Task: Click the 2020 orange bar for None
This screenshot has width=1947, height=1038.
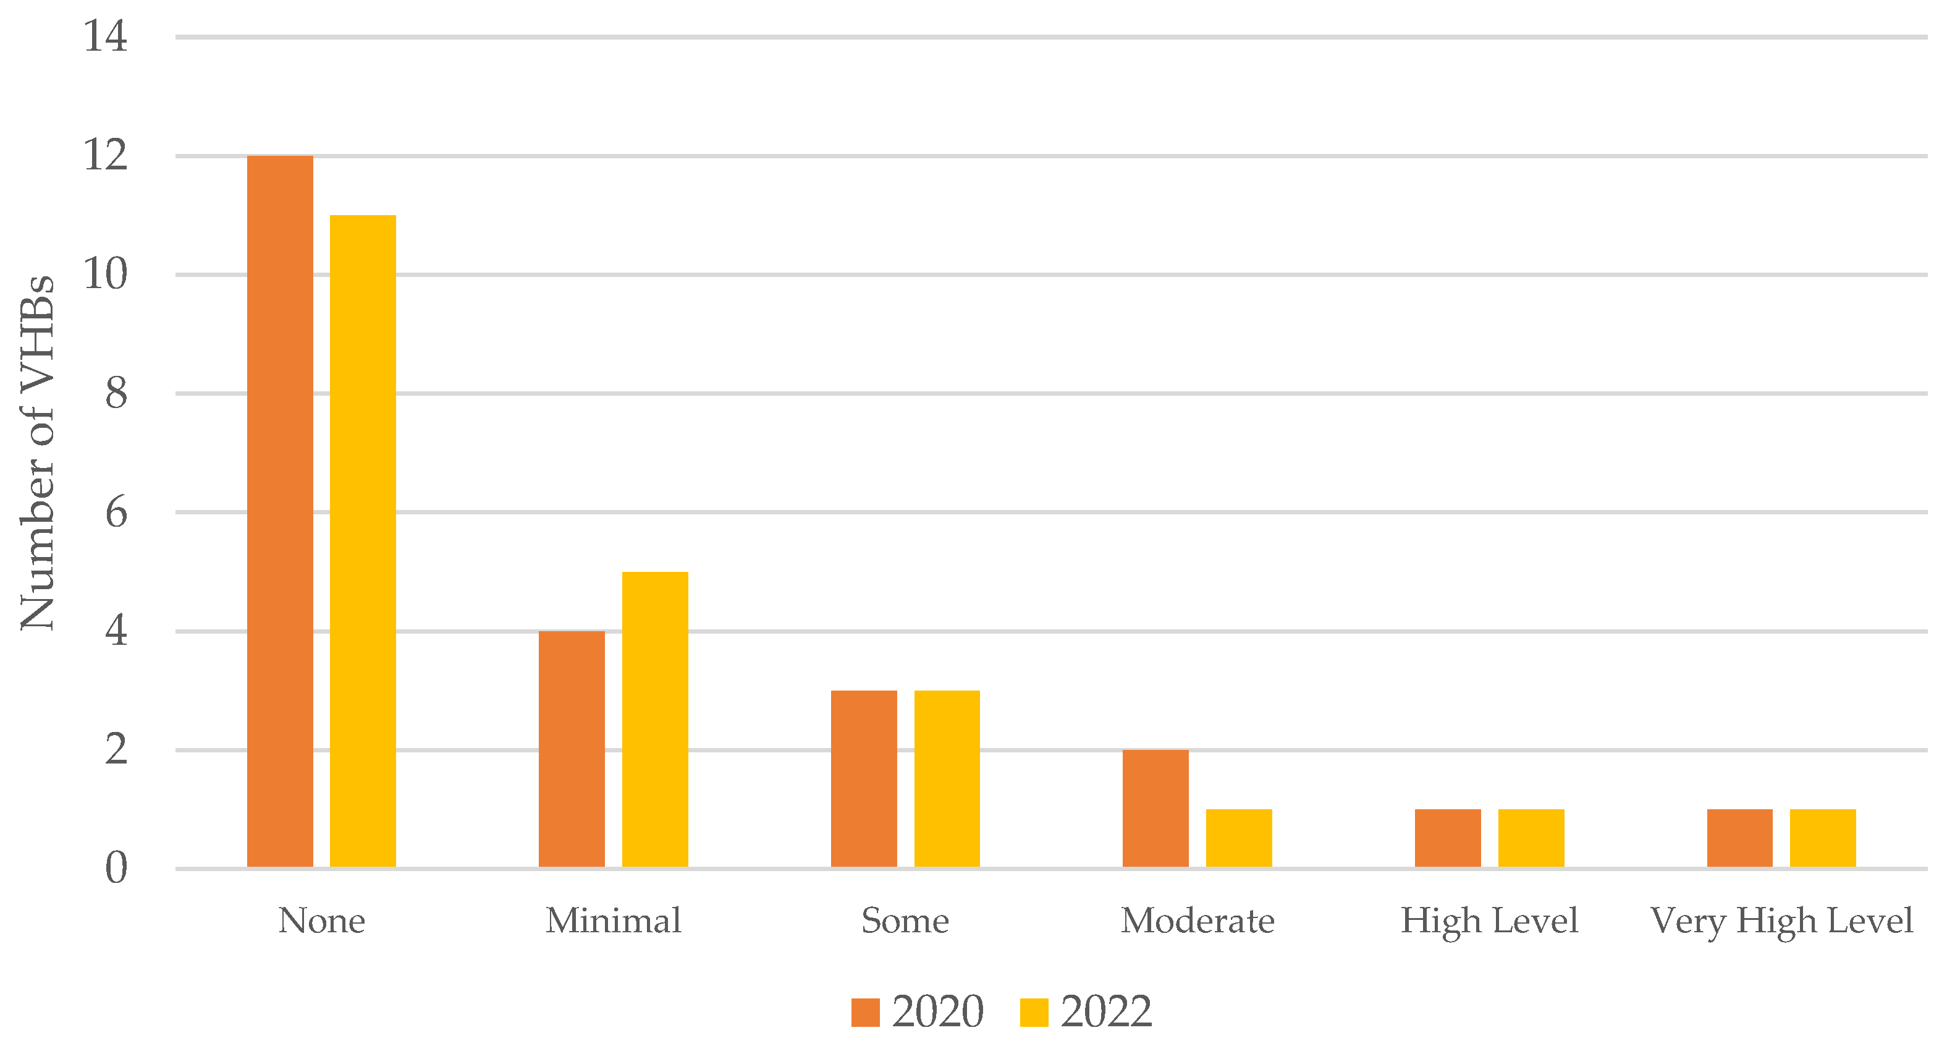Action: coord(280,511)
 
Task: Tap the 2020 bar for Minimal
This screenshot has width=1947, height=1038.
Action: coord(572,749)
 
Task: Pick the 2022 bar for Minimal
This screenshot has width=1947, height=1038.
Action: coord(654,719)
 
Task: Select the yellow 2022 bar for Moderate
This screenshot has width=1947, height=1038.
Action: coord(1239,838)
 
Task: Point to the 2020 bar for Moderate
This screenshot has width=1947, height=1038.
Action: coord(1155,808)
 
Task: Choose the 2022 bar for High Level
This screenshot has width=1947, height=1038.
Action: coord(1531,838)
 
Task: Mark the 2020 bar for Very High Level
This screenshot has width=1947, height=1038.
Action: coord(1740,838)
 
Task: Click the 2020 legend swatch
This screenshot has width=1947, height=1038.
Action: coord(866,1012)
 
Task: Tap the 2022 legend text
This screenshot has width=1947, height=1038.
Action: coord(1106,1011)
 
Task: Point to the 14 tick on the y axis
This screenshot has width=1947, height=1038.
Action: coord(105,36)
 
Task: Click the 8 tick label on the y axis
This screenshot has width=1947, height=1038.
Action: coord(116,393)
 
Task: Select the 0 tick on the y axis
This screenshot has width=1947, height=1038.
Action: coord(116,868)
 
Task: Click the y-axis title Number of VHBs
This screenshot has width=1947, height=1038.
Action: coord(37,452)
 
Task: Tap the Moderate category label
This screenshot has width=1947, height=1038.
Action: coord(1197,921)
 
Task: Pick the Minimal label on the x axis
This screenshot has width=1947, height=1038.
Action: coord(613,921)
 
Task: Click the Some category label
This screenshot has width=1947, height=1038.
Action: coord(905,921)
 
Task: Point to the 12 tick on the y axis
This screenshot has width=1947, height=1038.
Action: coord(105,155)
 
